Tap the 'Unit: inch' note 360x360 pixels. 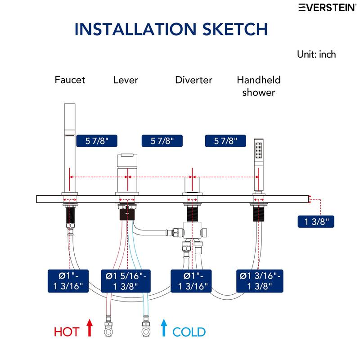pos(316,54)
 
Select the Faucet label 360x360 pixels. pos(70,80)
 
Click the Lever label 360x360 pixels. pos(126,80)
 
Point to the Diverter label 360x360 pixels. pos(193,80)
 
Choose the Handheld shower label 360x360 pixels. pos(259,86)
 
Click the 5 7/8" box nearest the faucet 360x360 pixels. pos(96,141)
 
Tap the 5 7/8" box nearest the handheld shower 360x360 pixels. pos(225,141)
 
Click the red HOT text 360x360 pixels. pos(67,333)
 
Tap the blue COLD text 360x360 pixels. pos(189,333)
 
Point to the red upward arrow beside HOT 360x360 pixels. pos(89,328)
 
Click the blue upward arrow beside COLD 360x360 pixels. pos(164,328)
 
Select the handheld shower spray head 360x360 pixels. pos(258,149)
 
